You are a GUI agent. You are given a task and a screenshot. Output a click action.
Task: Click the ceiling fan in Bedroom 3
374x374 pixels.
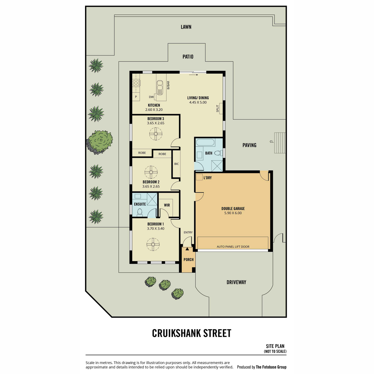pyautogui.click(x=156, y=134)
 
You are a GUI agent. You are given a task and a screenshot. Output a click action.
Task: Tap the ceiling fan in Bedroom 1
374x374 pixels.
pyautogui.click(x=153, y=245)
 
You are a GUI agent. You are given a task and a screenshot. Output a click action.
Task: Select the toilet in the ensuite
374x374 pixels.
pyautogui.click(x=140, y=212)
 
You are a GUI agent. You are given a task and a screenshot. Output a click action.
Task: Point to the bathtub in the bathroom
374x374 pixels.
pyautogui.click(x=205, y=142)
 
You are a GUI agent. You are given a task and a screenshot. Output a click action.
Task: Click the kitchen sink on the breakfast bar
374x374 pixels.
pyautogui.click(x=160, y=88)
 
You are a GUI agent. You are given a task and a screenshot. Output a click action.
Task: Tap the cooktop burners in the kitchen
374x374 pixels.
pyautogui.click(x=136, y=83)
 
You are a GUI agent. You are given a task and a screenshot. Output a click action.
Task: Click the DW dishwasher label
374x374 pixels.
pyautogui.click(x=151, y=97)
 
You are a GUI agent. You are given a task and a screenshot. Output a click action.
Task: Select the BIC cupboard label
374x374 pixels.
pyautogui.click(x=176, y=164)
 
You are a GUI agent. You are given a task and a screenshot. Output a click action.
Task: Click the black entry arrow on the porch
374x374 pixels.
pyautogui.click(x=187, y=249)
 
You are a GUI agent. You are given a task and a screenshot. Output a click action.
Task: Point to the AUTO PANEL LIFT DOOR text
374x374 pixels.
pyautogui.click(x=233, y=247)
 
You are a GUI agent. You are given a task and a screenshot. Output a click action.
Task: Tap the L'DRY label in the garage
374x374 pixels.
pyautogui.click(x=208, y=178)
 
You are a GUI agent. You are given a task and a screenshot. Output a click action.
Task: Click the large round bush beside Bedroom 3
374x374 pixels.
pyautogui.click(x=100, y=142)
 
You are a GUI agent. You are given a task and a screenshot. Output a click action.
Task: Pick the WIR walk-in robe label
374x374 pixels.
pyautogui.click(x=167, y=205)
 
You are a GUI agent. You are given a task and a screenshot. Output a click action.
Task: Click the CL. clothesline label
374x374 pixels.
pyautogui.click(x=272, y=142)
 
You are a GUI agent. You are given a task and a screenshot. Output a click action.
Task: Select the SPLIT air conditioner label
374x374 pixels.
pyautogui.click(x=218, y=108)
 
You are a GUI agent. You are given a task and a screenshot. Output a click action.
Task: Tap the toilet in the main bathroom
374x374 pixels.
pyautogui.click(x=218, y=153)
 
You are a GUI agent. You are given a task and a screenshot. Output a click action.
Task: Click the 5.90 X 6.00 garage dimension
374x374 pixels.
pyautogui.click(x=233, y=213)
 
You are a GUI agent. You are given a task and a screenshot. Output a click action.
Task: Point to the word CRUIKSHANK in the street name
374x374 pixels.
pyautogui.click(x=176, y=333)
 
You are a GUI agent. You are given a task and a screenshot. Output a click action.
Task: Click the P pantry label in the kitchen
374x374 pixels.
pyautogui.click(x=136, y=97)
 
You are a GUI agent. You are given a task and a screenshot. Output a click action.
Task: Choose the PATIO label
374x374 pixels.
pyautogui.click(x=188, y=57)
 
